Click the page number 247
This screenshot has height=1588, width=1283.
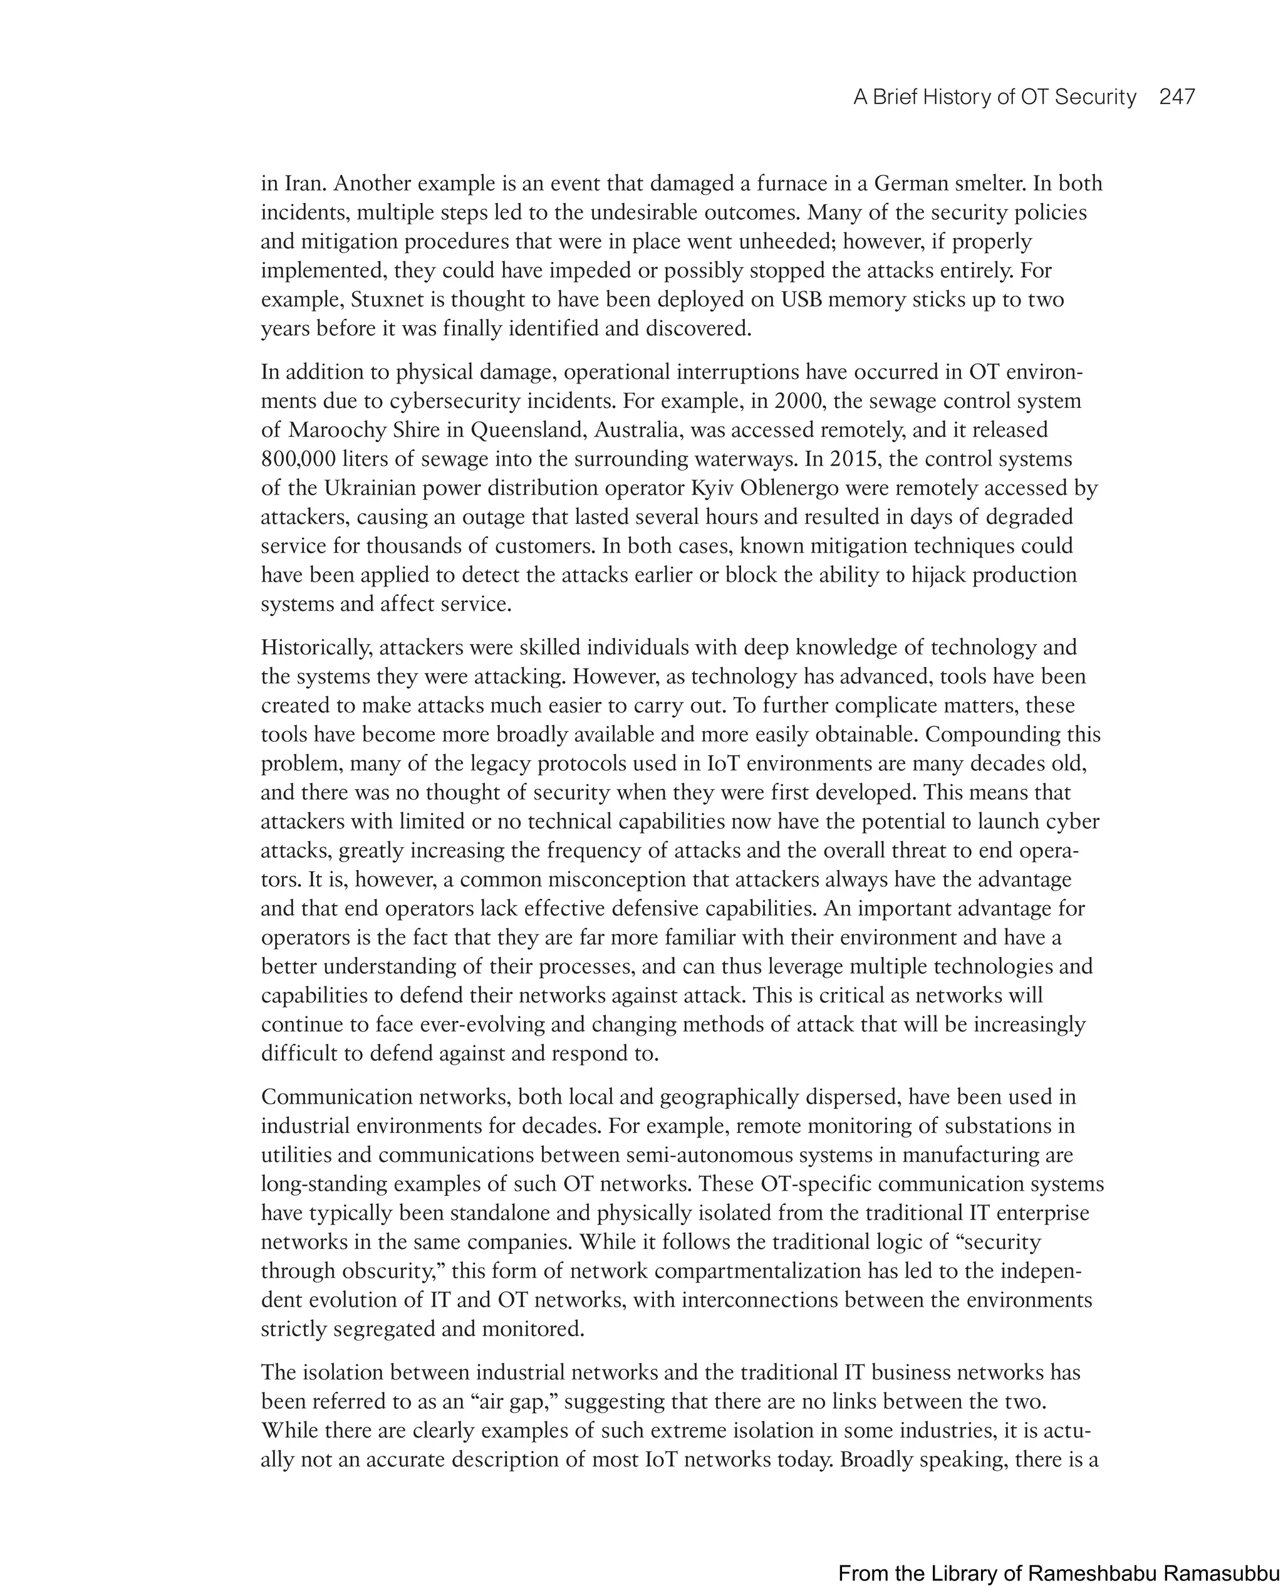tap(1177, 97)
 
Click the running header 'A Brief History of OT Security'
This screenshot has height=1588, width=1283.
tap(994, 97)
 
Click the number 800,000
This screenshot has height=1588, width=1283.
tap(299, 459)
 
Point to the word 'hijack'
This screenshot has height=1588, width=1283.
tap(937, 575)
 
